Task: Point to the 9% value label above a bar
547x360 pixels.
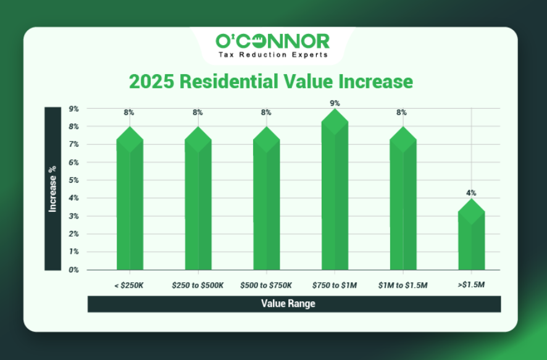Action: pos(335,103)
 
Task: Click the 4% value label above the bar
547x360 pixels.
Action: pos(471,193)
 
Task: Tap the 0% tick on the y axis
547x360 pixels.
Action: pos(73,270)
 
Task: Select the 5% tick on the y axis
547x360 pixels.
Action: pos(73,180)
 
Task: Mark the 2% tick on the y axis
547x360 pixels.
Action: pos(73,234)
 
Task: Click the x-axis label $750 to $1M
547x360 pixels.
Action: pos(335,285)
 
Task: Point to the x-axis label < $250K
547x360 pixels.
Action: pos(130,285)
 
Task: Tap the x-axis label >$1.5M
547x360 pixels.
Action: pos(472,285)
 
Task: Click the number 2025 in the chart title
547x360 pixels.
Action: pos(149,82)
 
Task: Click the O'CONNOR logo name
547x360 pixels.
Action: pos(272,41)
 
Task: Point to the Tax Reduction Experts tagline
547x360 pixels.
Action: pos(272,54)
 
